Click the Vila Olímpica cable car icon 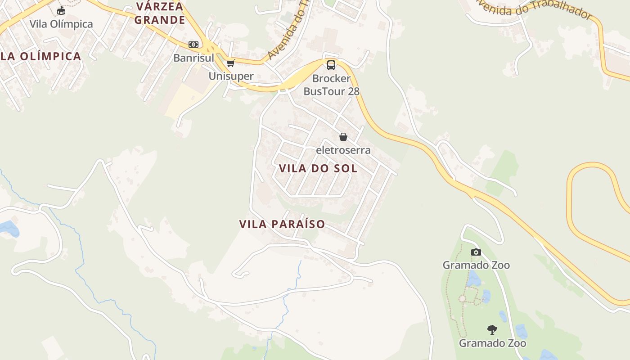coord(61,10)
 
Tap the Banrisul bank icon coord(193,45)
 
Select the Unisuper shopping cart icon coord(231,63)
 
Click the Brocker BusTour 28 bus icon coord(331,65)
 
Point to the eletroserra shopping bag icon coord(343,137)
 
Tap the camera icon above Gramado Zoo coord(476,252)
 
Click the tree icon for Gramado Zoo coord(492,330)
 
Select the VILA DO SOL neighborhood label coord(318,169)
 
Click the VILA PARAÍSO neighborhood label coord(282,224)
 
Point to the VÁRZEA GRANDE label coord(160,13)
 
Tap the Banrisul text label coord(194,58)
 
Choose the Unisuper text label coord(231,76)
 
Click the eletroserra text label coord(343,150)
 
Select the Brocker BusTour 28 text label coord(332,85)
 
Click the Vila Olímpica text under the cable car coord(61,24)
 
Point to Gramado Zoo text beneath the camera coord(476,265)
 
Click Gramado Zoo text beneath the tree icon coord(492,343)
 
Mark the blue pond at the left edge coord(9,228)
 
